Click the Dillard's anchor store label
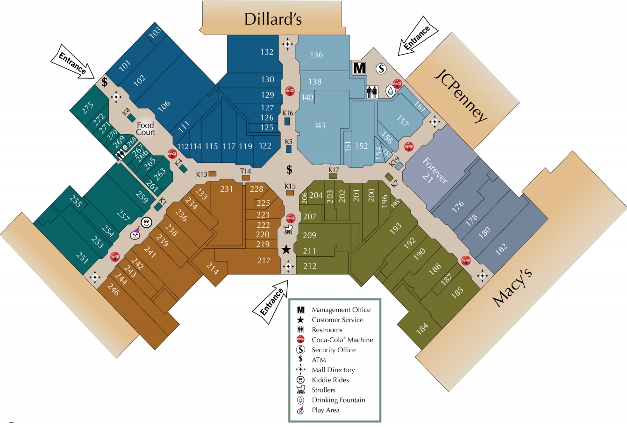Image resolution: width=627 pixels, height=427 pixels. coord(273,19)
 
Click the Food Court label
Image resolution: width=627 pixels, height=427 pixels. coord(146,129)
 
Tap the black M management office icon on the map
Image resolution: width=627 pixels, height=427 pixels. coord(359,68)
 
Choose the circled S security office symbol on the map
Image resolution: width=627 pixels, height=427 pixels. coord(381,68)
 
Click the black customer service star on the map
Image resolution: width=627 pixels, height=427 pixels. coord(286,249)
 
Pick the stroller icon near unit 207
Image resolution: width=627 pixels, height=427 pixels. coord(288,229)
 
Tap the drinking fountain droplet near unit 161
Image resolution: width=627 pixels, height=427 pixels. coord(390,91)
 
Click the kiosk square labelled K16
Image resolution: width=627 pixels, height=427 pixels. coord(287,121)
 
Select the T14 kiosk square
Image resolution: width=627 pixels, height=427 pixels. coord(245,178)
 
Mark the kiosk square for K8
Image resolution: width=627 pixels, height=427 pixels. coord(131,118)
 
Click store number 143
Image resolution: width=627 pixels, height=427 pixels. coord(320,125)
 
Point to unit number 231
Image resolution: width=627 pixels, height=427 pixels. coord(226,189)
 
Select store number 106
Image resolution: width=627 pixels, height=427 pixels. coord(164,105)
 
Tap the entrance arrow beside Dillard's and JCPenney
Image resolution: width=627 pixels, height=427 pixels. coord(418,36)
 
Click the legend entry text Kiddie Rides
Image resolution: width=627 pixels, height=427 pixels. coord(330,380)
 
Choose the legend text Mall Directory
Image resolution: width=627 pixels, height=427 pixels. coord(333,370)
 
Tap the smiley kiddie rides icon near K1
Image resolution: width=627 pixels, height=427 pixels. coord(146,223)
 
